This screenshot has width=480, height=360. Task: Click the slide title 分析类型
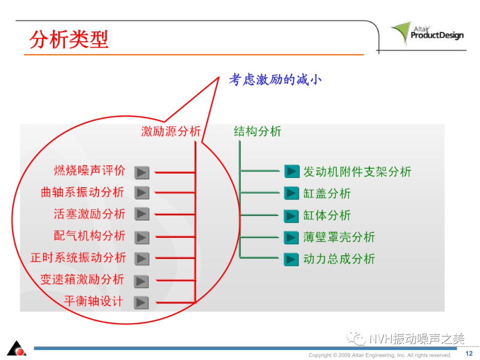coord(69,39)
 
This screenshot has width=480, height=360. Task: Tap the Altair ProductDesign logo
coord(428,33)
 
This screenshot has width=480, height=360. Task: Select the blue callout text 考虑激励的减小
coord(275,80)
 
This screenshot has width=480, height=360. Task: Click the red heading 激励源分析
coord(171,131)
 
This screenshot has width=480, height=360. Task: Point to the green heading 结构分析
coord(257,131)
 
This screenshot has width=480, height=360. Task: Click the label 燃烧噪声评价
coord(89,171)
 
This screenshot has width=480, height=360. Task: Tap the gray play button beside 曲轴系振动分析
coord(142,193)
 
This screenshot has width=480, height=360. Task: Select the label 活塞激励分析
coord(89,214)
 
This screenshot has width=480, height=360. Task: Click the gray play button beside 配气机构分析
coord(142,237)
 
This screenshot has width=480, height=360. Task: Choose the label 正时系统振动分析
coord(78,257)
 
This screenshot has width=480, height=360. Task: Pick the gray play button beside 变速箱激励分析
coord(141,281)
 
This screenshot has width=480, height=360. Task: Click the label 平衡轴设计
coord(94,301)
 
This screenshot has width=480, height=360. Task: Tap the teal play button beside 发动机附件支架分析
coord(292,172)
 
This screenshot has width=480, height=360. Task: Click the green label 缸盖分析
coord(327,193)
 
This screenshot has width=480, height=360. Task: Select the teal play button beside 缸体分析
coord(291,216)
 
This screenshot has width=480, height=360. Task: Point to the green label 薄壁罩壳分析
coord(339,237)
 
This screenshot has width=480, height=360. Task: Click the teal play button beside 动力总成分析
coord(291,259)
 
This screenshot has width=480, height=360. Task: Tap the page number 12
coord(469,354)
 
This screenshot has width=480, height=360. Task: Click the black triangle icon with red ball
coord(17,348)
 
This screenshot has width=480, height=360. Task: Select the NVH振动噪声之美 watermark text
coord(405,339)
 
